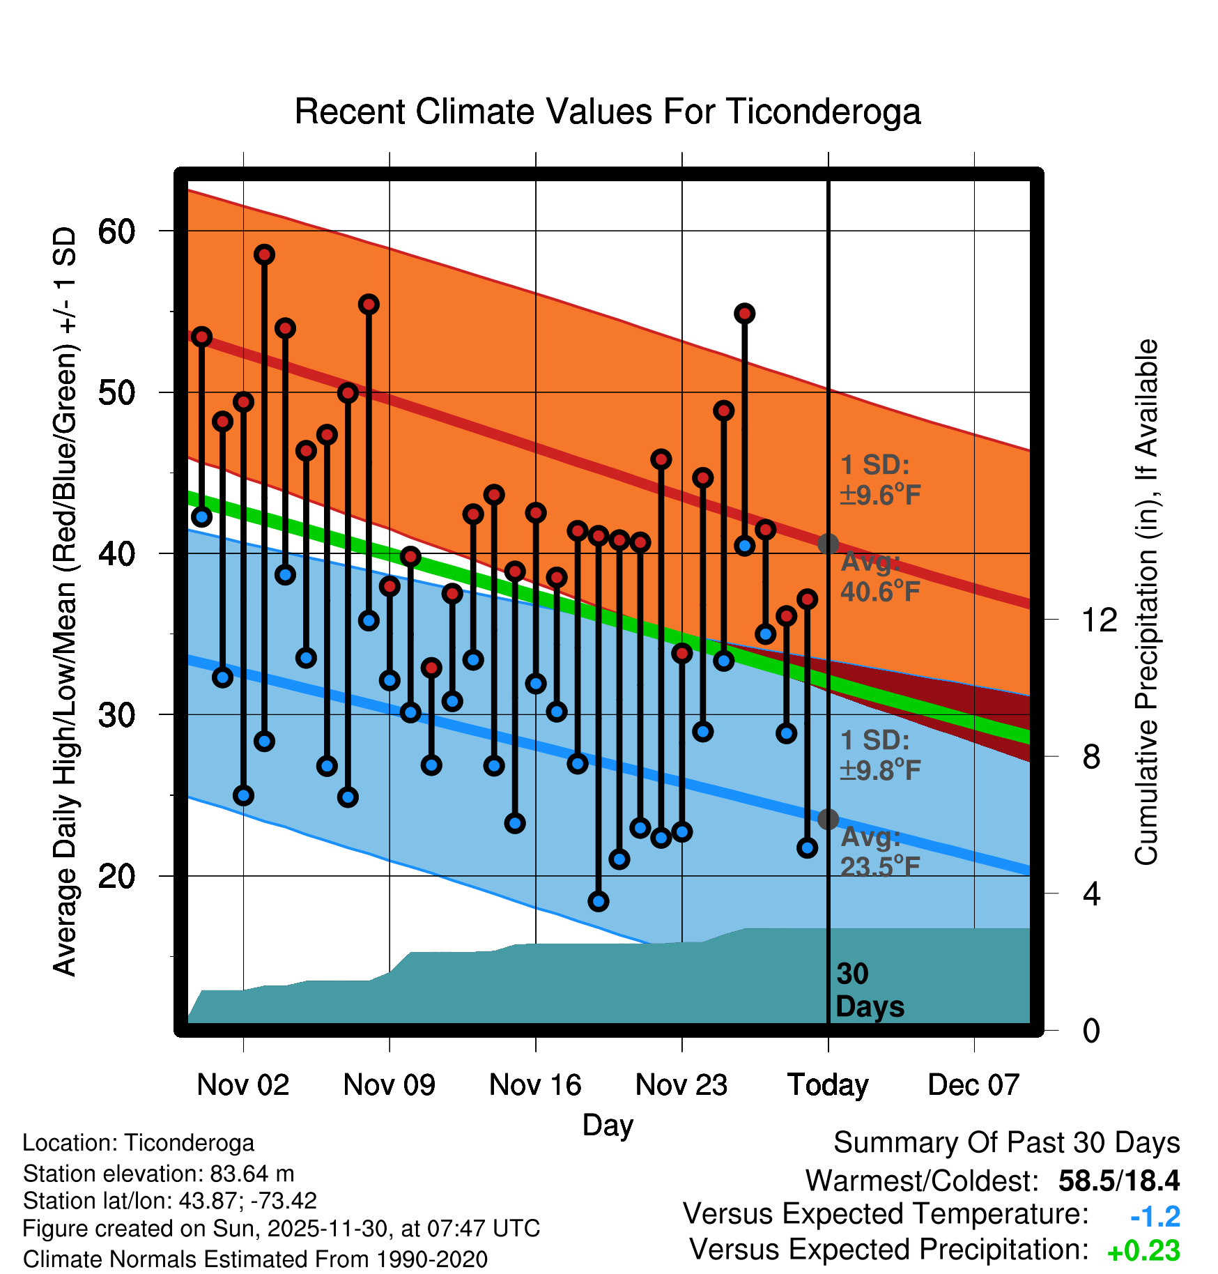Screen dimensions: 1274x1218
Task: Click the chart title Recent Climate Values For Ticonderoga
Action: [x=608, y=112]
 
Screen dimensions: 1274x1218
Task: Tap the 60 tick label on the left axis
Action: [x=116, y=231]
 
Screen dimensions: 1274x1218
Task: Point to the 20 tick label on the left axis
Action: [x=116, y=876]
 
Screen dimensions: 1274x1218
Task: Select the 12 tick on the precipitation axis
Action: [x=1099, y=620]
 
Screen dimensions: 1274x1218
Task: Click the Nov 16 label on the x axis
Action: [x=535, y=1085]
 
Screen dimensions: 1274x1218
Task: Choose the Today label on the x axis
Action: [x=828, y=1085]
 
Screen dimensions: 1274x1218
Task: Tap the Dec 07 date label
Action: [x=973, y=1085]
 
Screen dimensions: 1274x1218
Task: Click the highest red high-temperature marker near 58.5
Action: [x=264, y=254]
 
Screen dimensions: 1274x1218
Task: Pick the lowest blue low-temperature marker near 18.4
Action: [x=598, y=901]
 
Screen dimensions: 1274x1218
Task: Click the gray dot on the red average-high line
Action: [x=828, y=544]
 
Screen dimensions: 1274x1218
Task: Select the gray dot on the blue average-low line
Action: [x=828, y=819]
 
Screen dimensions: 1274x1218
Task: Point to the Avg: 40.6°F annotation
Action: [x=880, y=577]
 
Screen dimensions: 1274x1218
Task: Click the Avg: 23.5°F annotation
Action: [x=880, y=852]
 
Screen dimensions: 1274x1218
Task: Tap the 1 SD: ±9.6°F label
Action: [x=880, y=480]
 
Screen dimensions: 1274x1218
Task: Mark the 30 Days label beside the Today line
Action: [x=869, y=990]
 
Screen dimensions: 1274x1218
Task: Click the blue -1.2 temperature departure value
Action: [x=1155, y=1217]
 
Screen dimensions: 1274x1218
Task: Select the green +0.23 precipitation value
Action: [x=1143, y=1251]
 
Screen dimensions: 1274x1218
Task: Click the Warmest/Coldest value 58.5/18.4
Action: [x=1118, y=1181]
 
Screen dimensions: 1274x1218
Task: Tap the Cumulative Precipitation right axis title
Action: [x=1146, y=602]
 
